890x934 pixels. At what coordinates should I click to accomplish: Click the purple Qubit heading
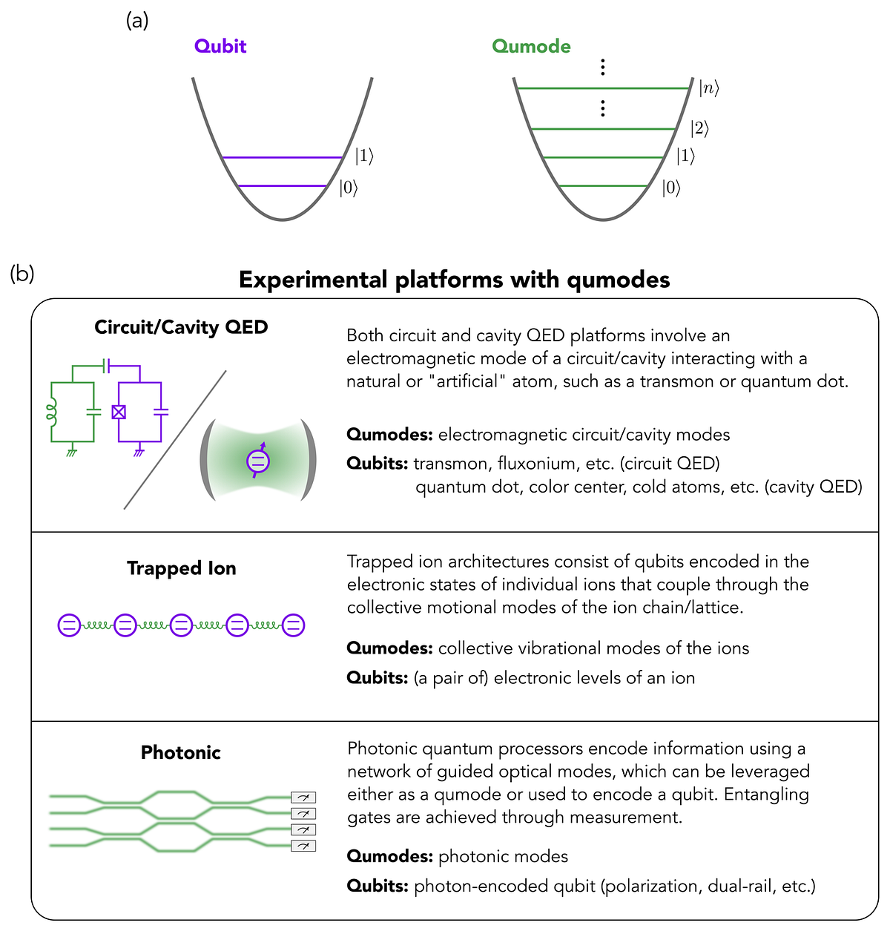tap(220, 46)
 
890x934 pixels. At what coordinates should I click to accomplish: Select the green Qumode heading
tap(531, 46)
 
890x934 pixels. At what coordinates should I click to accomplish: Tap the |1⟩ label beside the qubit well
tap(363, 156)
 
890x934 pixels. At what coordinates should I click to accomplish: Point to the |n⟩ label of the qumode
tap(708, 89)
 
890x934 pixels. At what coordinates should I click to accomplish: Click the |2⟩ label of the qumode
tap(699, 128)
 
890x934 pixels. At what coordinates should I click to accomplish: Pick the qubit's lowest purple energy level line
tap(282, 185)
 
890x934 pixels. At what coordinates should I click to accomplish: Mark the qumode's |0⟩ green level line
tap(604, 185)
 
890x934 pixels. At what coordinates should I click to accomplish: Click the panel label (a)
tap(137, 21)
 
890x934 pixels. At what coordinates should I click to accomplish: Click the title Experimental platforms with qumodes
tap(454, 280)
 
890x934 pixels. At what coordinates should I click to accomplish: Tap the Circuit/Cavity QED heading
tap(181, 327)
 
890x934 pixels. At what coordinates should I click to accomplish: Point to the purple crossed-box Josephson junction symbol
tap(119, 412)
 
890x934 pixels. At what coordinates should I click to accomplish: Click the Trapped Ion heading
tap(181, 568)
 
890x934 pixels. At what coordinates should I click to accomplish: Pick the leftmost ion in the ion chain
tap(69, 625)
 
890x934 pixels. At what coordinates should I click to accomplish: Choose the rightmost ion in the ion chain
tap(293, 625)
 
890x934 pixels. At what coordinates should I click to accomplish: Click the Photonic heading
tap(181, 752)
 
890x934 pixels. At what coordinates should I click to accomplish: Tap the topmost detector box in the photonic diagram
tap(303, 797)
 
